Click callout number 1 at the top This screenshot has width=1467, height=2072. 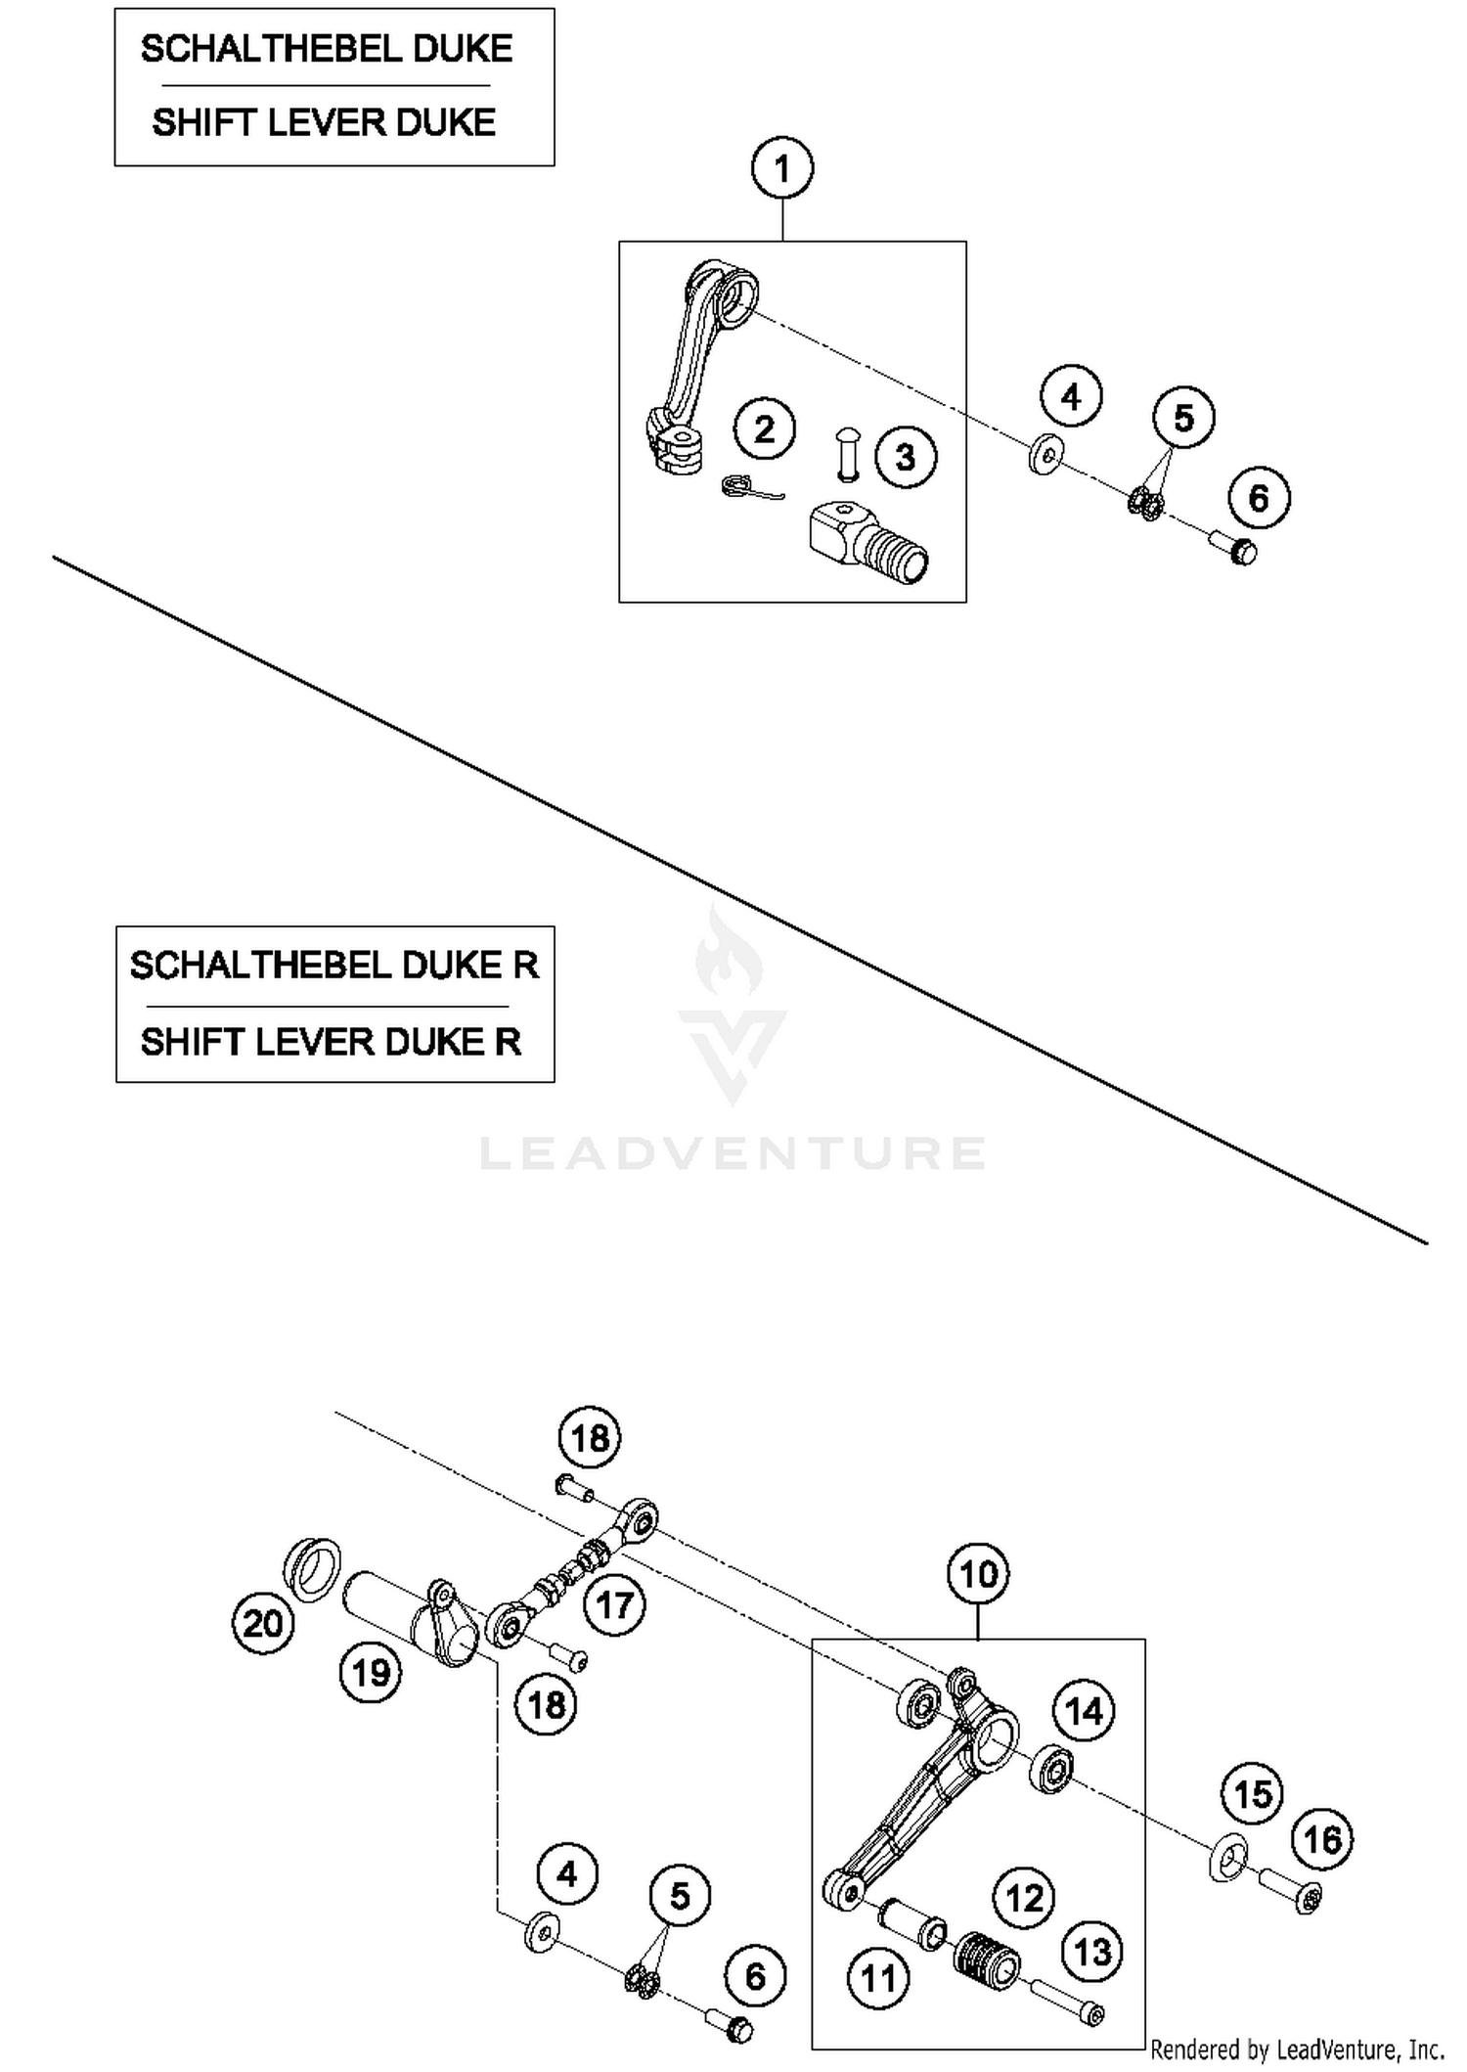point(781,169)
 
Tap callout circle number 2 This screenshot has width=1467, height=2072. point(765,428)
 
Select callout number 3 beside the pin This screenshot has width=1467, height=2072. point(906,457)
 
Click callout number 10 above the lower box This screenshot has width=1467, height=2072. point(978,1574)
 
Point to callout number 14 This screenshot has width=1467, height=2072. point(1084,1711)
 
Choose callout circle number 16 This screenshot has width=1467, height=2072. point(1322,1839)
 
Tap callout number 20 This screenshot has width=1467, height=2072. point(262,1624)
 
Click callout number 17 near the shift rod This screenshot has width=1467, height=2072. point(614,1604)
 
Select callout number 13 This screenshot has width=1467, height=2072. point(1092,1952)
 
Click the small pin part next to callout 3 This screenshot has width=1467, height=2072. point(848,453)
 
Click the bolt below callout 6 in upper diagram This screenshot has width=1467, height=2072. point(1234,547)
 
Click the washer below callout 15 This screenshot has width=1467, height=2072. point(1228,1856)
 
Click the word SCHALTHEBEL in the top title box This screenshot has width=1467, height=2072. point(267,49)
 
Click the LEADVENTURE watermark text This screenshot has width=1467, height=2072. point(733,1152)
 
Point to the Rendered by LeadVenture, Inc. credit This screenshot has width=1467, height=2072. point(1297,2049)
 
